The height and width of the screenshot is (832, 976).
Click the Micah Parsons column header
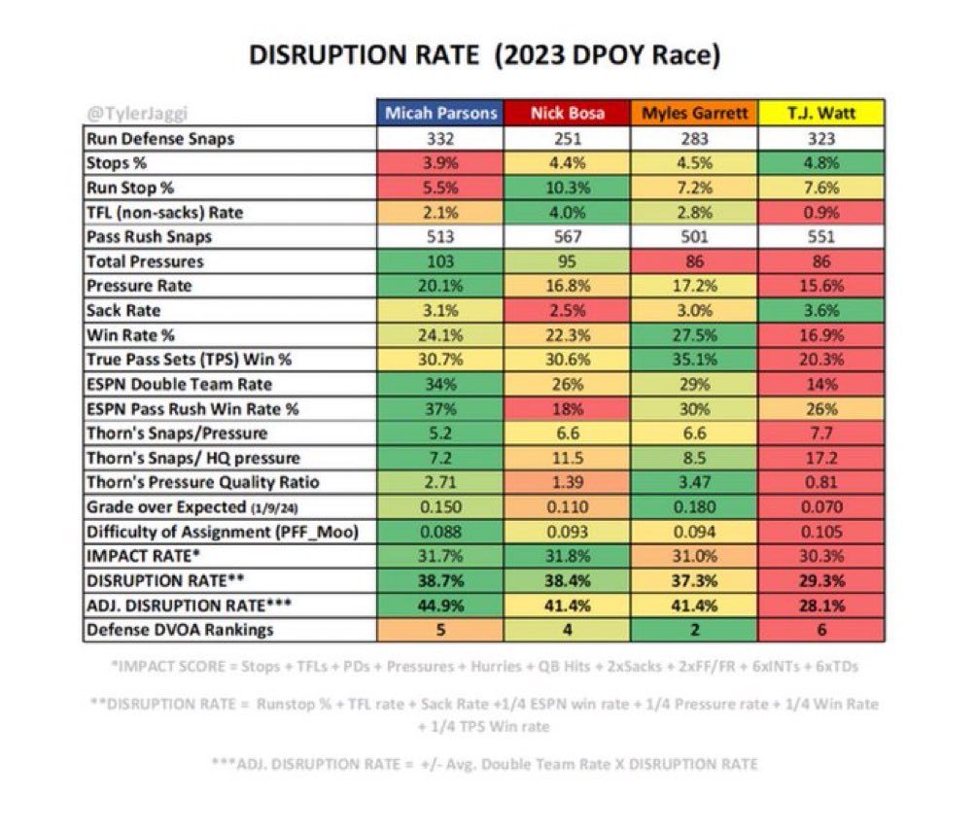[440, 113]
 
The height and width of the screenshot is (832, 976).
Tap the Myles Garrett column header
[694, 113]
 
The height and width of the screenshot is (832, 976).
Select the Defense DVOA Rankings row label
[180, 629]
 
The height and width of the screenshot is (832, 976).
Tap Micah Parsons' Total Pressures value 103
[440, 261]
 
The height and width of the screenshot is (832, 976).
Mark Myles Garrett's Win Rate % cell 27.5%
[694, 335]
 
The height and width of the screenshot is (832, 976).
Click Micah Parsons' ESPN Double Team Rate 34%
[440, 384]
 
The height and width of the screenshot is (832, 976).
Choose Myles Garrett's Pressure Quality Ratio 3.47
[694, 482]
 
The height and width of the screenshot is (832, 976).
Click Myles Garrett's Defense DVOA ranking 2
[694, 629]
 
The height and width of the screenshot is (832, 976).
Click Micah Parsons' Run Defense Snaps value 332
[440, 138]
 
